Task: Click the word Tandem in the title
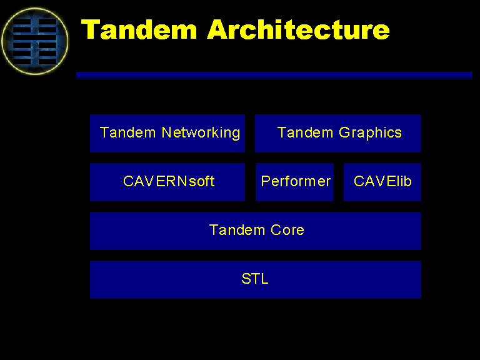pos(139,30)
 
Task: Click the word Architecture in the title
pos(299,29)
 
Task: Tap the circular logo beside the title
pos(34,41)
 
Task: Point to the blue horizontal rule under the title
pos(274,76)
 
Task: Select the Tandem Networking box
pos(167,134)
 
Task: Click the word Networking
pos(201,133)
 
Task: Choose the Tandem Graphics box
pos(337,134)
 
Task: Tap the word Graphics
pos(370,133)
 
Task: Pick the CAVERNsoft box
pos(167,182)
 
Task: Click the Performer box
pos(294,182)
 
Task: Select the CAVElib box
pos(382,182)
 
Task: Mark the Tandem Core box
pos(256,231)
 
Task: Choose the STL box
pos(256,279)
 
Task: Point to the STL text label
pos(255,279)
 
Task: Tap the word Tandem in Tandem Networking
pos(128,132)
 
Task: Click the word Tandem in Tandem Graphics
pos(305,132)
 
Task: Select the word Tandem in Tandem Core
pos(237,230)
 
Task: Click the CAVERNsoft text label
pos(169,181)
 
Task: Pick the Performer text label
pos(296,181)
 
